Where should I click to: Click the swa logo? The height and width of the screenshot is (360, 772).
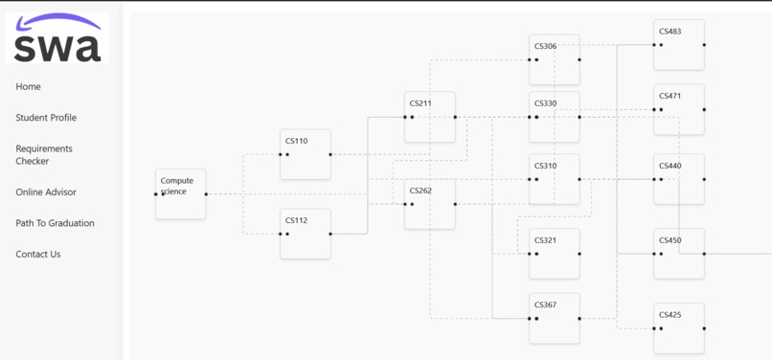(x=57, y=38)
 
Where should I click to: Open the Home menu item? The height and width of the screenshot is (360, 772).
(x=28, y=87)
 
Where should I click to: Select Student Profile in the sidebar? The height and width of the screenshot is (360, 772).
(x=46, y=118)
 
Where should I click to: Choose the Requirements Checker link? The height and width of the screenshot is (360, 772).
(x=44, y=155)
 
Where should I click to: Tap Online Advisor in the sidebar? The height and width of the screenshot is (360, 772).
(x=46, y=192)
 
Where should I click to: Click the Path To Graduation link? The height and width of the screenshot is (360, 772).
(x=55, y=223)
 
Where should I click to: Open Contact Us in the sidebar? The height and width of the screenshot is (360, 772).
(x=38, y=255)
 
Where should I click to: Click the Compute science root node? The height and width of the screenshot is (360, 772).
(x=180, y=194)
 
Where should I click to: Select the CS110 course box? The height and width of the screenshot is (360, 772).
(x=305, y=154)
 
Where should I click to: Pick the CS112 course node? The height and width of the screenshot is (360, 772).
(x=305, y=234)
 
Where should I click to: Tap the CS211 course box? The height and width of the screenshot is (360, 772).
(x=429, y=117)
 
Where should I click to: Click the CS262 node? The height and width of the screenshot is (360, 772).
(x=429, y=204)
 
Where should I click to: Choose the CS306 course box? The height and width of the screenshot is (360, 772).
(x=554, y=59)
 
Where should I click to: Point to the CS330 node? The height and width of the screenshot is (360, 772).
(x=554, y=117)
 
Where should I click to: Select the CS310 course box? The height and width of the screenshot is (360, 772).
(x=554, y=179)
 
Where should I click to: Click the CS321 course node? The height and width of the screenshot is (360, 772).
(x=554, y=254)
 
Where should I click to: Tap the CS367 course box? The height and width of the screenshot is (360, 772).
(x=554, y=318)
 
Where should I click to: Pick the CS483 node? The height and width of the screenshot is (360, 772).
(x=678, y=45)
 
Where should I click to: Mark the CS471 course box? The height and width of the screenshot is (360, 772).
(x=678, y=109)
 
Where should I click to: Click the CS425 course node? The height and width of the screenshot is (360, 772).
(x=678, y=328)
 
